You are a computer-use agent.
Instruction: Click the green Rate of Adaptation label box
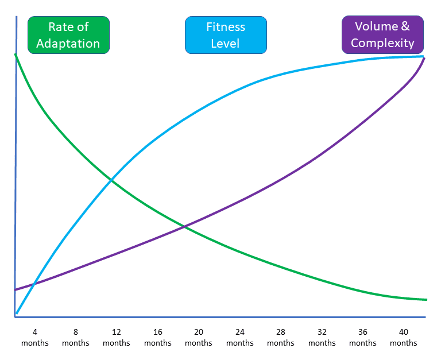68,35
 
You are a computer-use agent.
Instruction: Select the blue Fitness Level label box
226,35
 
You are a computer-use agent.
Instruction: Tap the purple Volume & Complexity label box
382,34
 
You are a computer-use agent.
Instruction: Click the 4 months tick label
34,337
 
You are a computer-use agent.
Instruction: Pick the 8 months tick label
76,337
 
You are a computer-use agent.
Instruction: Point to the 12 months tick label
117,337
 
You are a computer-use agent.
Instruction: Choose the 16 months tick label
158,337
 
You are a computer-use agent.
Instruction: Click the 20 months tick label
199,337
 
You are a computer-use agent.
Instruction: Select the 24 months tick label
240,337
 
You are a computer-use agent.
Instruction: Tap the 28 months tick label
281,337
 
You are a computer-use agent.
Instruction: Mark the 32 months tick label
322,337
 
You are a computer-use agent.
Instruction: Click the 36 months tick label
363,337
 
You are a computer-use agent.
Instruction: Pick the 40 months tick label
404,337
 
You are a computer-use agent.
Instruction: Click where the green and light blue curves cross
111,181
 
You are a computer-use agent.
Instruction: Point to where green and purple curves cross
184,227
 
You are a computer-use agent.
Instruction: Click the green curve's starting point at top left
16,55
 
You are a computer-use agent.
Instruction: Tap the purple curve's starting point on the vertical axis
16,290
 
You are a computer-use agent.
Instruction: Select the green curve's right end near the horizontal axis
425,299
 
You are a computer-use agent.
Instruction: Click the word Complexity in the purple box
382,42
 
